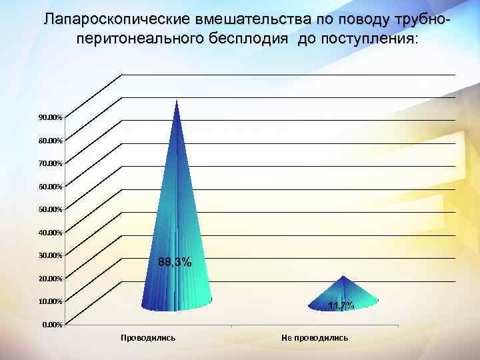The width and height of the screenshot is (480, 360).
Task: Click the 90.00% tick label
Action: [x=51, y=117]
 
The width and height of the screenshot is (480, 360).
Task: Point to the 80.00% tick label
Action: [x=51, y=141]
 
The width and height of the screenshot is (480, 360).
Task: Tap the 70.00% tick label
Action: [x=51, y=163]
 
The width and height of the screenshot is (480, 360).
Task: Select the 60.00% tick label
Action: [x=51, y=187]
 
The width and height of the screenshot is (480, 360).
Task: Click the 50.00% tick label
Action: [x=51, y=209]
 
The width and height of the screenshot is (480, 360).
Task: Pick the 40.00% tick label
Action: [x=51, y=233]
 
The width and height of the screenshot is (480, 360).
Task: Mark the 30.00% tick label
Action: [x=51, y=255]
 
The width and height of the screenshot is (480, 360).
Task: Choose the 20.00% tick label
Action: [x=51, y=279]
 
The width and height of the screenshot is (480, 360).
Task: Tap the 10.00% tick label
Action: [x=51, y=301]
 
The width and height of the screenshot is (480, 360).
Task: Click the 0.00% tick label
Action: [x=53, y=325]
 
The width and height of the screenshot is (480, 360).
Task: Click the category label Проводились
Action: [x=148, y=338]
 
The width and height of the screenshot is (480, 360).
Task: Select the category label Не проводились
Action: [x=315, y=338]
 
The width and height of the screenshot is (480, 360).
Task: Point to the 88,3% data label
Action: [x=175, y=263]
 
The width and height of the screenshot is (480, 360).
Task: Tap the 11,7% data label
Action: [x=341, y=306]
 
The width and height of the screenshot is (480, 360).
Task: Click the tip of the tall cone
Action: [x=177, y=101]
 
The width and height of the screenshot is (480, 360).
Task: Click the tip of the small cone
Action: [x=343, y=276]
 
